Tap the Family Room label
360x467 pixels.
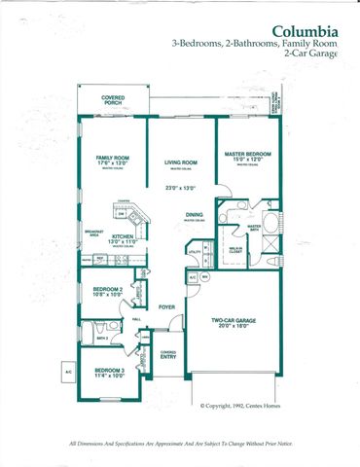pyautogui.click(x=113, y=158)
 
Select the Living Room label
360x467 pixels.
pyautogui.click(x=182, y=162)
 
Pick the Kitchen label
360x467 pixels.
pyautogui.click(x=122, y=236)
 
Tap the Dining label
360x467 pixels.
pyautogui.click(x=195, y=215)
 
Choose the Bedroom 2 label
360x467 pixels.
pyautogui.click(x=107, y=289)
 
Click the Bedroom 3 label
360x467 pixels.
pyautogui.click(x=108, y=371)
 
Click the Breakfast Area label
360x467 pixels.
pyautogui.click(x=94, y=233)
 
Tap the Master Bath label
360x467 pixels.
pyautogui.click(x=254, y=229)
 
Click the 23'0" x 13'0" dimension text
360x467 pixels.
pyautogui.click(x=181, y=188)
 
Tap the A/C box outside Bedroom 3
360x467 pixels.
pyautogui.click(x=69, y=372)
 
